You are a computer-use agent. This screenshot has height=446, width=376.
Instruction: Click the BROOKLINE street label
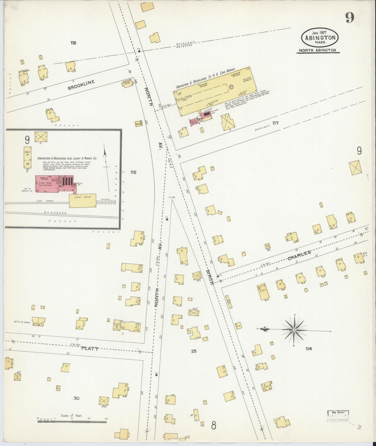click(81, 85)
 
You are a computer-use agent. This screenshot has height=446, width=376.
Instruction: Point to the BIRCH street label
click(210, 277)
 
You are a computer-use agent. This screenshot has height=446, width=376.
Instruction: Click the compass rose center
click(294, 330)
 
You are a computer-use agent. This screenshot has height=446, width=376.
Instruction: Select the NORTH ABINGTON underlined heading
click(317, 50)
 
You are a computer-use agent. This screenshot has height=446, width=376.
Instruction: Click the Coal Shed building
click(82, 201)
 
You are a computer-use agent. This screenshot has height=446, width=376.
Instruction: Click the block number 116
click(73, 43)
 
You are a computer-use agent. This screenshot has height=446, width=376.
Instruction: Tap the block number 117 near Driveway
click(276, 123)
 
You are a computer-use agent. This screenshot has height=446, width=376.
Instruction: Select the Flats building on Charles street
click(263, 292)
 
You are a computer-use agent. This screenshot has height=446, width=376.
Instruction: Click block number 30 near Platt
click(76, 398)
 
